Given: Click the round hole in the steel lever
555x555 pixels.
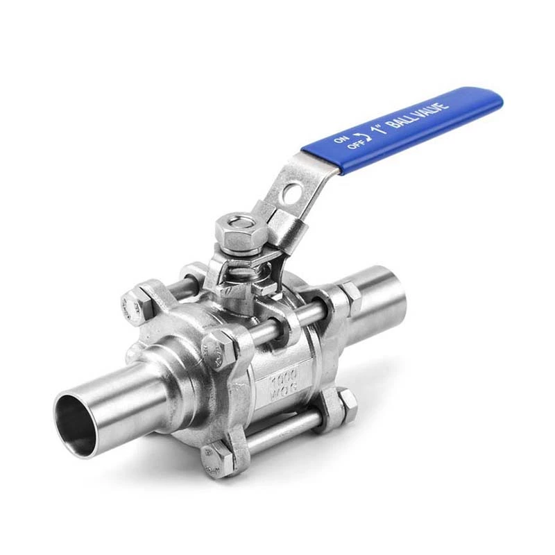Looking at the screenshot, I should point(296,190).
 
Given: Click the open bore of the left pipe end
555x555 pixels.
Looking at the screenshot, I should point(76,424).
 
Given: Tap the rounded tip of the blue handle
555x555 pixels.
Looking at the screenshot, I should point(494,101).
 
